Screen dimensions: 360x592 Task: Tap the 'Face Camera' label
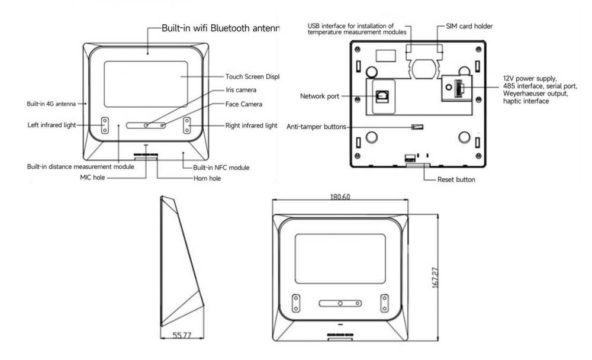click(243, 104)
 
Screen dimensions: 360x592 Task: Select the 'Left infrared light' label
click(52, 125)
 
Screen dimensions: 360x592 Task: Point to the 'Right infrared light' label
click(251, 125)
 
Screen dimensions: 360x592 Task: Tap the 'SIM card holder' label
click(468, 26)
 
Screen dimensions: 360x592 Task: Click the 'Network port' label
click(320, 97)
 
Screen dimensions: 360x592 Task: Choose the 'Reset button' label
click(456, 179)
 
